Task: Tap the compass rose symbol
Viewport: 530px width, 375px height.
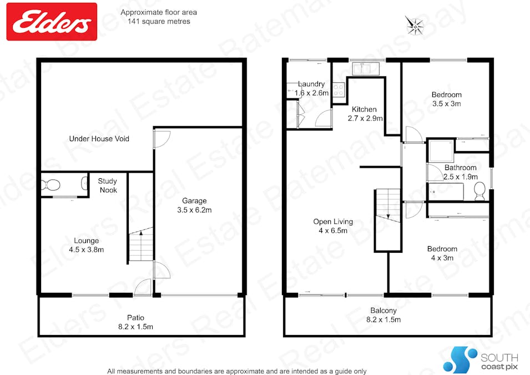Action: tap(415, 25)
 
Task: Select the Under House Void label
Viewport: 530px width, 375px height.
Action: tap(99, 138)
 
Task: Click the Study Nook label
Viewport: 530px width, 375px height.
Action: tap(108, 185)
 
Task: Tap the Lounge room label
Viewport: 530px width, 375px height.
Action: tap(87, 245)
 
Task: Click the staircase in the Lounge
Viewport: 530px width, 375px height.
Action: tap(141, 244)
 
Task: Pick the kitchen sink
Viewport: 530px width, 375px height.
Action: tap(365, 69)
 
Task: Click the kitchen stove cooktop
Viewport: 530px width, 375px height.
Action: tap(339, 89)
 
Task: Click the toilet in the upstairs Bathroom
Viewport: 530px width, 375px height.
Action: tap(480, 192)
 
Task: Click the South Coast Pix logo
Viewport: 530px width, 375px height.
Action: tap(481, 359)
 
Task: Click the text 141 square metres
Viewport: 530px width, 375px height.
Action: tap(159, 22)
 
